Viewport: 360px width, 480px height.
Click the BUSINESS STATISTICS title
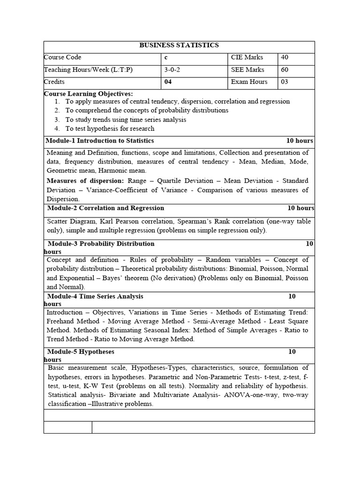[179, 45]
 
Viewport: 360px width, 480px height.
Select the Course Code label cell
[63, 58]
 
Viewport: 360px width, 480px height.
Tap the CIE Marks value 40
[285, 58]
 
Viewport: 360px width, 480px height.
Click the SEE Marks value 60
[285, 70]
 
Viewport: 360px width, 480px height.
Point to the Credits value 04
[169, 82]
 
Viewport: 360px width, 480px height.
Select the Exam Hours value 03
[285, 82]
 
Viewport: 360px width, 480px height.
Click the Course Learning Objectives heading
[88, 94]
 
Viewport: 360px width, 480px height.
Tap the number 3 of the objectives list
[57, 120]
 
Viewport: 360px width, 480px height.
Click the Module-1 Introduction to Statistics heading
[100, 141]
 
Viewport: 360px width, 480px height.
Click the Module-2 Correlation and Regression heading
[106, 208]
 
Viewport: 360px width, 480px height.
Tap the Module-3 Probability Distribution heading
[101, 244]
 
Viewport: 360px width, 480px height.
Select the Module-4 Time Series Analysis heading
[96, 296]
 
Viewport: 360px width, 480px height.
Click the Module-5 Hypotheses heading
[81, 352]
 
